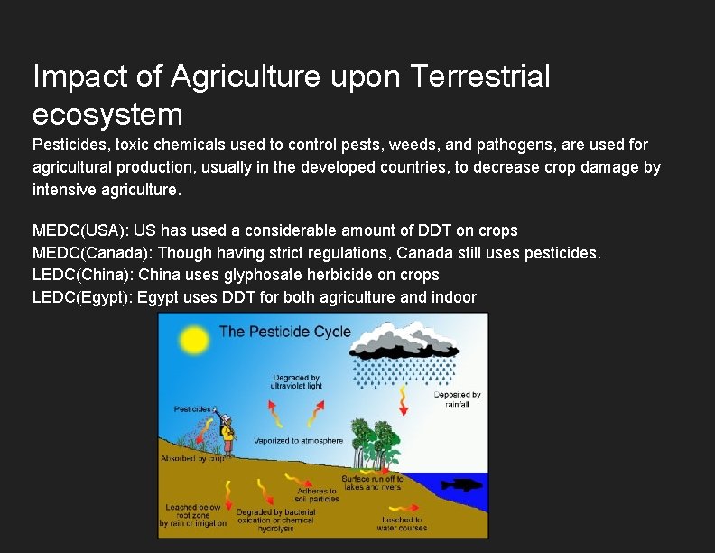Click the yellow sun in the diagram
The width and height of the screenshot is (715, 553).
pos(193,340)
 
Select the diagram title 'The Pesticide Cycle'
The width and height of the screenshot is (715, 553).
pos(284,332)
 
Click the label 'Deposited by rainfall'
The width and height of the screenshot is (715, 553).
pos(457,399)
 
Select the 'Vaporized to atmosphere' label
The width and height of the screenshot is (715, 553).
pos(298,441)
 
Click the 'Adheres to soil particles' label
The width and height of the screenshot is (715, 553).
pos(317,495)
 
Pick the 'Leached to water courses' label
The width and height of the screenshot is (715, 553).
pos(403,523)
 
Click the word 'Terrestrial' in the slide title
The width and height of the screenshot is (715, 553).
pos(479,77)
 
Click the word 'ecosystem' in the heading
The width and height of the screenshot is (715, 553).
pos(107,115)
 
